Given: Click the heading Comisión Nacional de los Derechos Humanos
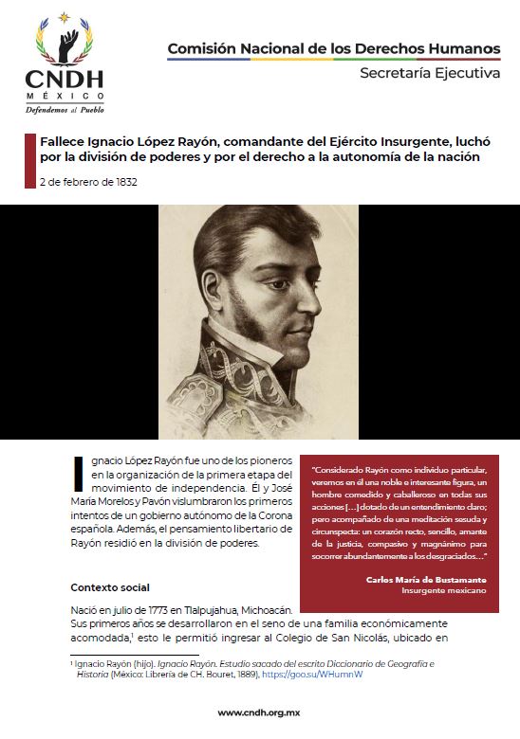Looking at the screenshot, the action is [333, 48].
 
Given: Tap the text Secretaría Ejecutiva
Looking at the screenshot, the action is [430, 74].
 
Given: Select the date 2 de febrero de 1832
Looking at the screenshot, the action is [88, 181].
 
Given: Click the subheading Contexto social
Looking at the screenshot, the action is [110, 587].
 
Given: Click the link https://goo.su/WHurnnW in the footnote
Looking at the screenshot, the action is [318, 675].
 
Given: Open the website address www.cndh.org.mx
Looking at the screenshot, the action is [259, 712].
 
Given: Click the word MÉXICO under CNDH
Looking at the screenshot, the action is [65, 97].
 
